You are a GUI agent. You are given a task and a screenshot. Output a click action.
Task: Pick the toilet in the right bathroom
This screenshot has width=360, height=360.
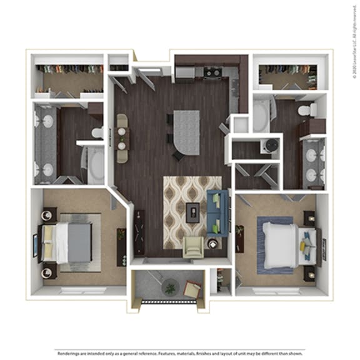304,111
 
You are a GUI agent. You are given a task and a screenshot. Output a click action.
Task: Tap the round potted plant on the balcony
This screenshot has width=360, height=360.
169,288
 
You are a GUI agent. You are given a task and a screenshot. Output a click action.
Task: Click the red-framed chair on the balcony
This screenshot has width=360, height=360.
192,289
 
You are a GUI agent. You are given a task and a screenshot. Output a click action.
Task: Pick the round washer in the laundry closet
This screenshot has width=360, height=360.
271,146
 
